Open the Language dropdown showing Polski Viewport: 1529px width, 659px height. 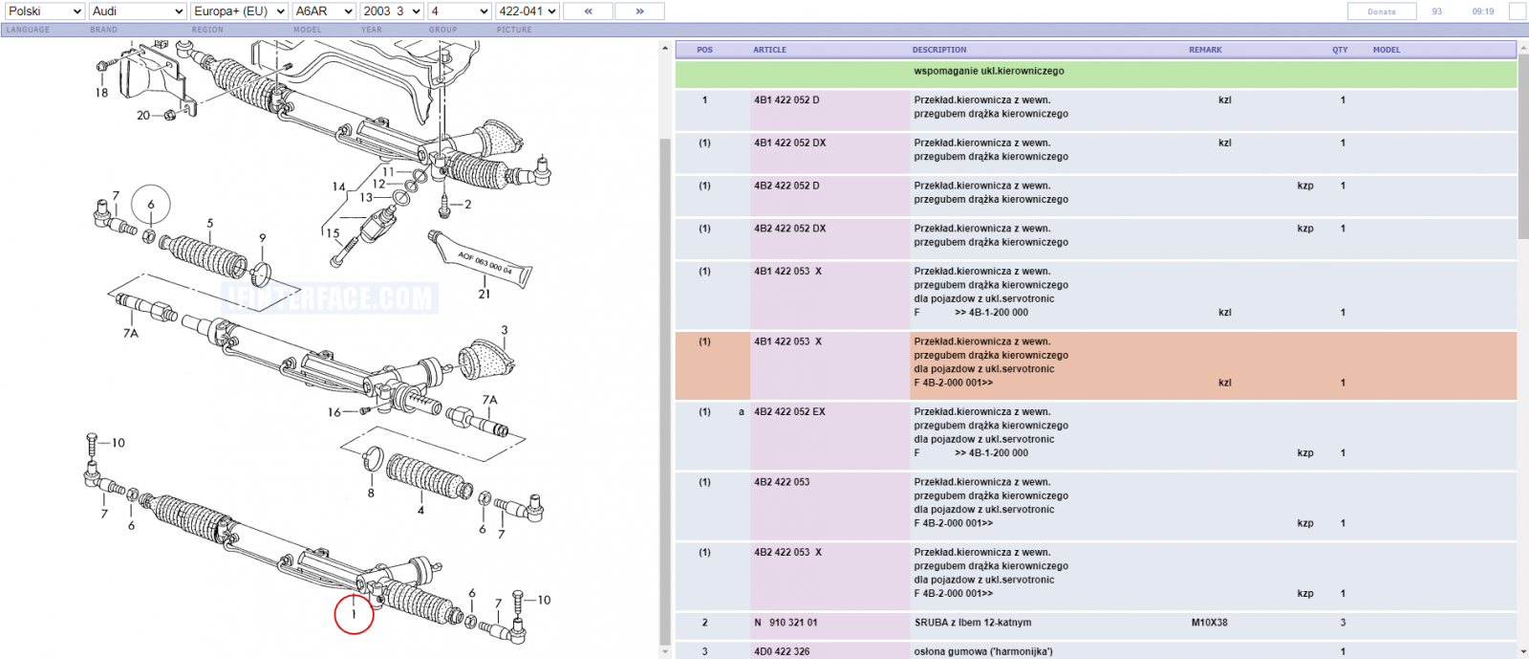click(44, 11)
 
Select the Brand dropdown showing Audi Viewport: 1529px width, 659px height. click(138, 11)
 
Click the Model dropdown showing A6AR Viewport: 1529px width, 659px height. click(324, 11)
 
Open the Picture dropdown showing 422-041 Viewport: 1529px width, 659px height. click(527, 11)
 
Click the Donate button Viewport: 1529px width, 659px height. click(1382, 11)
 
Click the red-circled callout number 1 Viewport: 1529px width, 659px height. click(354, 615)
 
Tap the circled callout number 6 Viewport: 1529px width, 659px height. click(151, 204)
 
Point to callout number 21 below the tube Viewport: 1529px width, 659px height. click(484, 295)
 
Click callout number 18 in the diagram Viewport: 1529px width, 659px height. click(101, 93)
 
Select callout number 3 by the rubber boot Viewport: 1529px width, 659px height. click(505, 330)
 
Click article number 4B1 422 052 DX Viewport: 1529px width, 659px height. click(789, 143)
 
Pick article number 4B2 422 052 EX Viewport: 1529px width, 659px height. click(789, 412)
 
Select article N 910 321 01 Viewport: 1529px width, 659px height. click(786, 623)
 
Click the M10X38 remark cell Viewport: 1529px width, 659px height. click(1210, 623)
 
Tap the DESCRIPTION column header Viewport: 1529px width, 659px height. click(939, 50)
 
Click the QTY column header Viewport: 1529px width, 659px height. click(1340, 50)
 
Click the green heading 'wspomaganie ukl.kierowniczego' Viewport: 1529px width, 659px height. click(989, 71)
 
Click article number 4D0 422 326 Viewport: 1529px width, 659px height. click(782, 651)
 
